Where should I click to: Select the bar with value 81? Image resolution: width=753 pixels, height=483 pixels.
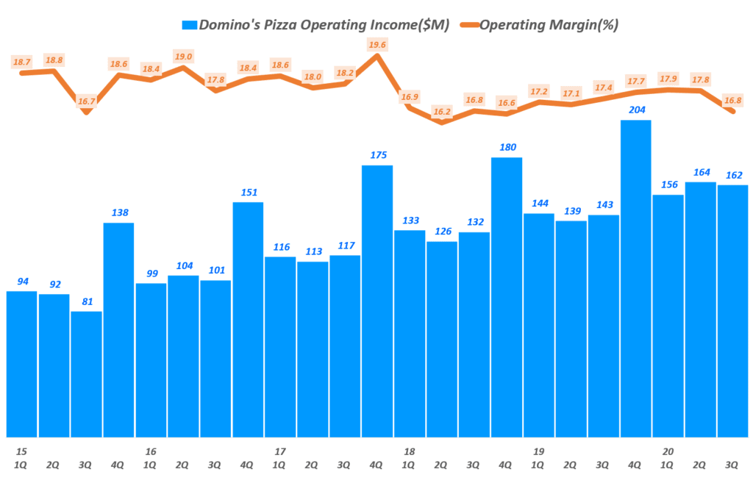[86, 374]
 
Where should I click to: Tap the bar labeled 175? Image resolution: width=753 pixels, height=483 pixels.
[377, 301]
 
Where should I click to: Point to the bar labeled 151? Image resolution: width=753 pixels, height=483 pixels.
[248, 319]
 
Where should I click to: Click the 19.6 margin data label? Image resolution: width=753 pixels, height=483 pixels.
[377, 45]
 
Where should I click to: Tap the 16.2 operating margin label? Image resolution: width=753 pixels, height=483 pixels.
[442, 112]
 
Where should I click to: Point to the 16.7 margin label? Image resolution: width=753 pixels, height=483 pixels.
[86, 101]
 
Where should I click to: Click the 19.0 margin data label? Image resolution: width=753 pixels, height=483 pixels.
[183, 57]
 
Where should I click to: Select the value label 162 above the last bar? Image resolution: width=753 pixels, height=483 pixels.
[733, 175]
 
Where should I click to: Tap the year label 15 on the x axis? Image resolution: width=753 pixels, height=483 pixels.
[21, 451]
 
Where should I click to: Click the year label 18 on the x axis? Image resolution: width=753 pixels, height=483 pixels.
[410, 451]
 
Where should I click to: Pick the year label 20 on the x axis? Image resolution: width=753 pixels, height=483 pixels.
[668, 451]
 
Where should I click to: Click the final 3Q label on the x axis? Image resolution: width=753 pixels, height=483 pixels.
[733, 465]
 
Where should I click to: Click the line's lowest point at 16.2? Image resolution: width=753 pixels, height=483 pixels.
[441, 122]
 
